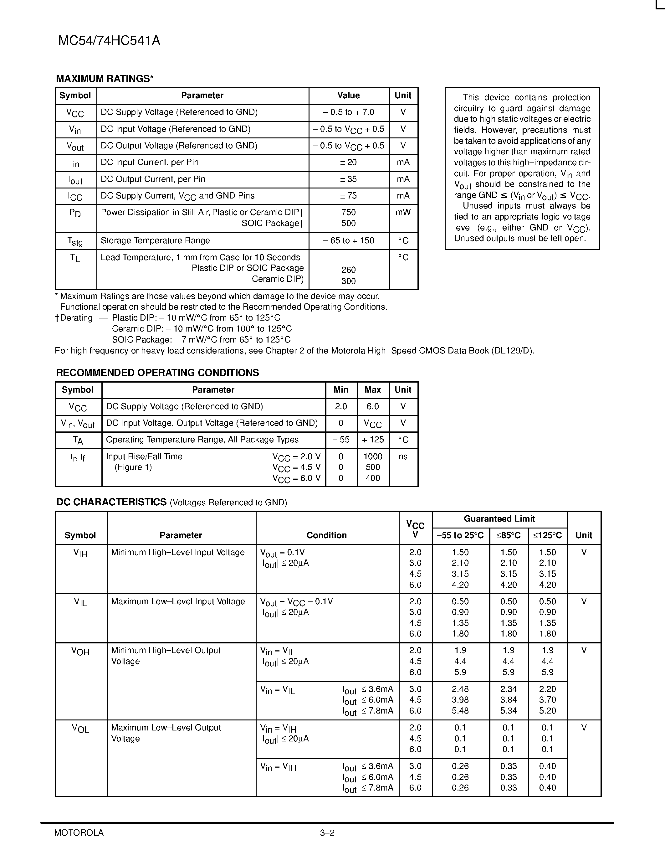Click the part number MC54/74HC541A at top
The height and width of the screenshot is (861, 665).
coord(109,41)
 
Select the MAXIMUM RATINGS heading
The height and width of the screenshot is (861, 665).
coord(105,79)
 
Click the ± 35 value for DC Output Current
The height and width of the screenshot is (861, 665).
coord(348,179)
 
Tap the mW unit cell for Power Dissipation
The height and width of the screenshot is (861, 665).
coord(403,213)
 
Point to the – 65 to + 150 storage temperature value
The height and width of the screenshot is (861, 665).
coord(348,240)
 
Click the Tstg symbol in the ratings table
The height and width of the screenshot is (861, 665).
coord(75,241)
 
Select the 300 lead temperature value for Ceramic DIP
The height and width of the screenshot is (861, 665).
coord(348,281)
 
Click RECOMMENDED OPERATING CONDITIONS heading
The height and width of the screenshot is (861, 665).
coord(158,373)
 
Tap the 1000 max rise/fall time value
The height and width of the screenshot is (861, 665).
coord(373,456)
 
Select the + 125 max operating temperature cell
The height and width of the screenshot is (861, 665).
coord(373,440)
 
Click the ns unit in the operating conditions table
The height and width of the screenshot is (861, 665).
coord(403,456)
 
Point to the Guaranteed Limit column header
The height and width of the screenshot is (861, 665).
coord(499,519)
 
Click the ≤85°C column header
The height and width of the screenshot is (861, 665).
coord(508,535)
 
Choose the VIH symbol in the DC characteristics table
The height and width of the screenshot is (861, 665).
coord(80,553)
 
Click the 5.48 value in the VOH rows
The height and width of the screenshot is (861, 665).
coord(460,710)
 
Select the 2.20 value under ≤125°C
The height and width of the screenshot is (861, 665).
coord(547,689)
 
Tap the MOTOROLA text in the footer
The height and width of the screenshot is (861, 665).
coord(79,833)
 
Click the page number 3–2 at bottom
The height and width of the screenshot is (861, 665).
coord(327,833)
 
